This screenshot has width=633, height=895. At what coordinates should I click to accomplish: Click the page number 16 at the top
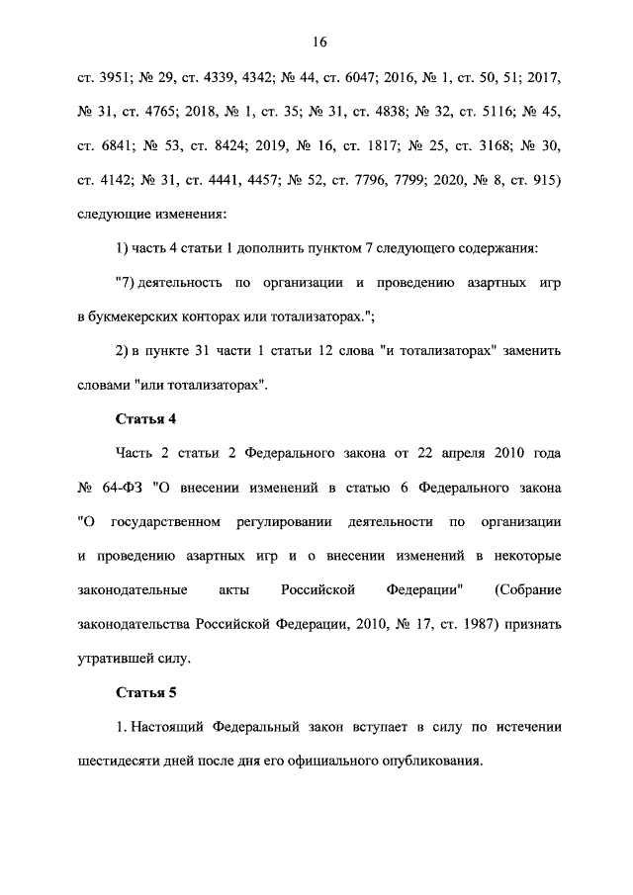pos(318,42)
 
